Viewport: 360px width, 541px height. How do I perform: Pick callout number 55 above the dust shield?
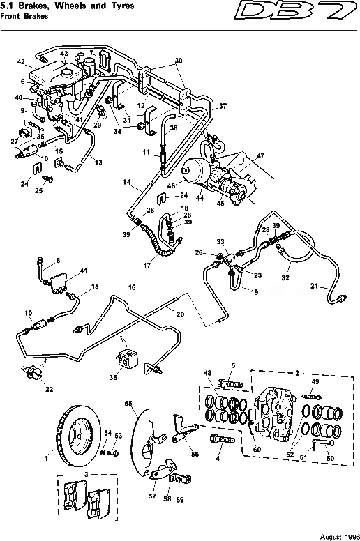coord(128,404)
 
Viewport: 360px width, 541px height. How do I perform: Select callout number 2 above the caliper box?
coord(297,374)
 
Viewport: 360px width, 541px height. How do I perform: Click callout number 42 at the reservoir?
coord(21,62)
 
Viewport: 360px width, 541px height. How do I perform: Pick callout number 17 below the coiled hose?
coord(165,266)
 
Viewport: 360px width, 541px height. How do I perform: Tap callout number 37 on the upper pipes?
coord(223,107)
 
